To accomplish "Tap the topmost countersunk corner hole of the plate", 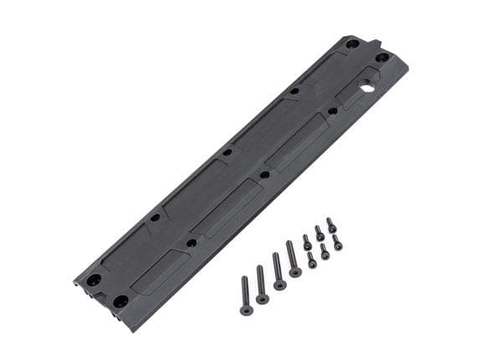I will coord(352,44).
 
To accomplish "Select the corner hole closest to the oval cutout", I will coord(382,58).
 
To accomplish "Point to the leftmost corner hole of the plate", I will coord(94,279).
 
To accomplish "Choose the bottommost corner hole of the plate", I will coord(121,300).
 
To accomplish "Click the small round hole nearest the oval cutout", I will coord(333,110).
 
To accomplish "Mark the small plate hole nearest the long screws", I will coord(192,243).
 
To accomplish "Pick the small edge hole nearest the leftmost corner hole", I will coord(155,218).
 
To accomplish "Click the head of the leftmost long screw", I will coord(246,310).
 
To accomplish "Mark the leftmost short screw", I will coord(306,242).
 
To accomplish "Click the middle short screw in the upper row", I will coord(319,232).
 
